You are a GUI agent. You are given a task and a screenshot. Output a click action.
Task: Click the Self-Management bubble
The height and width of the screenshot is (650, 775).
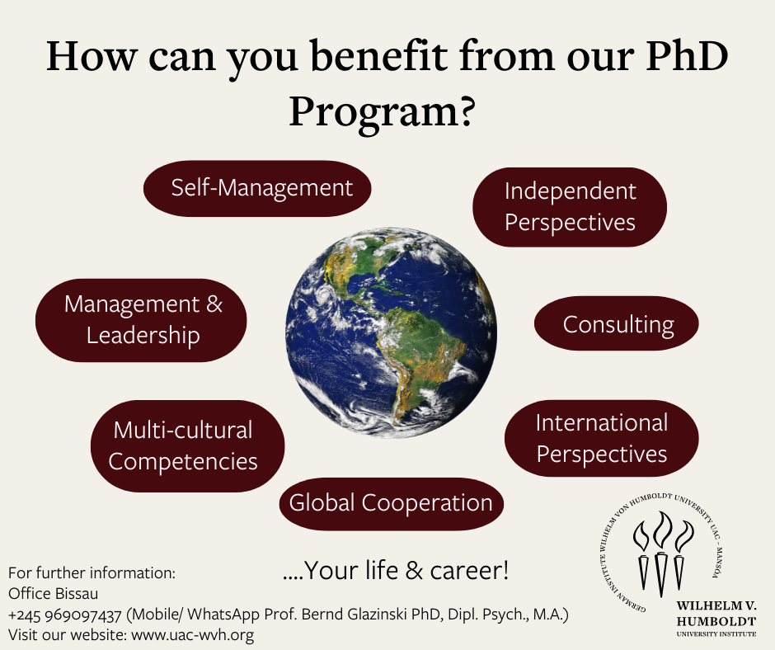pyautogui.click(x=257, y=188)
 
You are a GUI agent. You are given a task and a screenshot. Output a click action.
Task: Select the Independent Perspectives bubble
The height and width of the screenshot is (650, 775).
pyautogui.click(x=570, y=207)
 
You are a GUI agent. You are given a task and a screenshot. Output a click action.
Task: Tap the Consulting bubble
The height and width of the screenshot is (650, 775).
pyautogui.click(x=617, y=323)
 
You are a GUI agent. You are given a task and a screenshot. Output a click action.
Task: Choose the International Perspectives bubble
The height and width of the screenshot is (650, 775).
pyautogui.click(x=602, y=438)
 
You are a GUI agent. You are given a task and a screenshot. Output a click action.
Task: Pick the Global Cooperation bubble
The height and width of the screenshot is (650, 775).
pyautogui.click(x=391, y=503)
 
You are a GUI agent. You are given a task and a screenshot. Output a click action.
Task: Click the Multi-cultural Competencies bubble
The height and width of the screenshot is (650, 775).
pyautogui.click(x=187, y=445)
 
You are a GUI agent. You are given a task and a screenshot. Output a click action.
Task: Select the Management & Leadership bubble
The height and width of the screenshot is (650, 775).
pyautogui.click(x=141, y=320)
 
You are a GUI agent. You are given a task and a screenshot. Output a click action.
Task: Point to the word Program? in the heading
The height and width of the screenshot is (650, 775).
pyautogui.click(x=382, y=113)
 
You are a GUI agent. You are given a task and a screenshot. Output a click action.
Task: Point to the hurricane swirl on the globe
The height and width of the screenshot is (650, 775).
pyautogui.click(x=323, y=294)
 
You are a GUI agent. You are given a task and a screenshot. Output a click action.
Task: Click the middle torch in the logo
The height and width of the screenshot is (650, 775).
pyautogui.click(x=661, y=554)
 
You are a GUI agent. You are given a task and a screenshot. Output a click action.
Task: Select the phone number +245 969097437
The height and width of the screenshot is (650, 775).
pyautogui.click(x=65, y=615)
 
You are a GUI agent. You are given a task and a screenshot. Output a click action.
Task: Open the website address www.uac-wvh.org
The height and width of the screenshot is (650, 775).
pyautogui.click(x=193, y=634)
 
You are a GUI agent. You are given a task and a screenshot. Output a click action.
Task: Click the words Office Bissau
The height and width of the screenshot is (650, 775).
pyautogui.click(x=54, y=594)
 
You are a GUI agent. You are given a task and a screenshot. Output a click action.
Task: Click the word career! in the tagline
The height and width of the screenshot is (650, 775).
pyautogui.click(x=469, y=570)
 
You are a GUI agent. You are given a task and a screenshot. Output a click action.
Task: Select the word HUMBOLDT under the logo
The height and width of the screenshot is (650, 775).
pyautogui.click(x=716, y=621)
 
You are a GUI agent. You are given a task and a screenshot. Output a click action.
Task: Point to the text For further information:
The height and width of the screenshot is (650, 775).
pyautogui.click(x=92, y=572)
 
